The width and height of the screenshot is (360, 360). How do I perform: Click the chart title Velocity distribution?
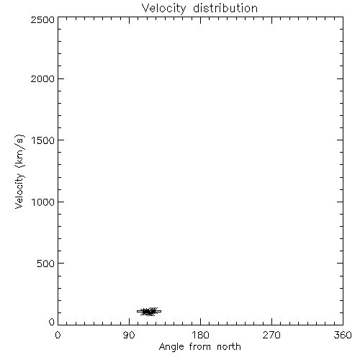coord(199,8)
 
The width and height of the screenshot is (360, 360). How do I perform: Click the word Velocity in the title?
coord(163,9)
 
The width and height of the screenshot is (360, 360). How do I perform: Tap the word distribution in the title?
coord(225,8)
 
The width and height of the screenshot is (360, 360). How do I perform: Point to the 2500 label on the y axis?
coord(42,19)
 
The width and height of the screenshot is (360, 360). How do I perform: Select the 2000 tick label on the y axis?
coord(42,78)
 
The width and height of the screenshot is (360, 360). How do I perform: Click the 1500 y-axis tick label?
coord(43,140)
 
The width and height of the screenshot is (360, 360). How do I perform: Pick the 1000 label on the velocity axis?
coord(43,202)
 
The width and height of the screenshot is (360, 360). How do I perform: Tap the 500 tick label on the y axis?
coord(46,264)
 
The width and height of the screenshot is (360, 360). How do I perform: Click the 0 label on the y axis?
coord(52,322)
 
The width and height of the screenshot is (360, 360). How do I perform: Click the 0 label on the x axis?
coord(58,335)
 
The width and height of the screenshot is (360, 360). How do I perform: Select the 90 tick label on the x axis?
coord(129,335)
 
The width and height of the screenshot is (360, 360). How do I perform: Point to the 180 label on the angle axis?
coord(200,335)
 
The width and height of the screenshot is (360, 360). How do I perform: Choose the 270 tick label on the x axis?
coord(271,335)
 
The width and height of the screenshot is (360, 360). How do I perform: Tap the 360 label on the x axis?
coord(343,335)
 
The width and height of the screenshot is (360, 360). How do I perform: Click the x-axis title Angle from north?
coord(200,347)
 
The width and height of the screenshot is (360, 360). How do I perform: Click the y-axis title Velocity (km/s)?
coord(19,171)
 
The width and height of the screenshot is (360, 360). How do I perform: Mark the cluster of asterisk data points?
coord(149,312)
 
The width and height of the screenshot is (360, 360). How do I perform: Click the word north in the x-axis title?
coord(229,346)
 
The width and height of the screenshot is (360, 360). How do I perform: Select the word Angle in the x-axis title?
coord(171,347)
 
